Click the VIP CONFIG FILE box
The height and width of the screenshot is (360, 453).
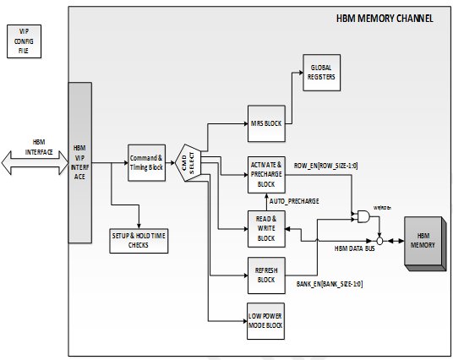[24, 41]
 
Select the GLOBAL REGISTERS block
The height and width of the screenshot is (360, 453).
[321, 73]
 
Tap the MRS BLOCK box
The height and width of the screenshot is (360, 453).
[266, 123]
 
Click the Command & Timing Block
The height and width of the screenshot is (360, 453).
[146, 163]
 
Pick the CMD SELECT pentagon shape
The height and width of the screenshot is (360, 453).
[188, 162]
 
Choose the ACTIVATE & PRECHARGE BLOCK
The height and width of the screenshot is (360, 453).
[266, 175]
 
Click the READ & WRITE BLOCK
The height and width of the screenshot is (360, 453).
[266, 229]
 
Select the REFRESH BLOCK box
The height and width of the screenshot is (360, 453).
[266, 275]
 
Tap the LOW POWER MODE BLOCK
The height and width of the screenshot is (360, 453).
[265, 321]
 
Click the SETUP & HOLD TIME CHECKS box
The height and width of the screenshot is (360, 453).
[139, 241]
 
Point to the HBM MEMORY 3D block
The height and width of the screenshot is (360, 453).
[425, 243]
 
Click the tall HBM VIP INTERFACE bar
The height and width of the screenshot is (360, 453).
[80, 162]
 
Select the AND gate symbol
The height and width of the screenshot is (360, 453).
[363, 216]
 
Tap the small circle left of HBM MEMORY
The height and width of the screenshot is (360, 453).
[380, 241]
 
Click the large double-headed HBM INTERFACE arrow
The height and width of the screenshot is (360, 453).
[35, 162]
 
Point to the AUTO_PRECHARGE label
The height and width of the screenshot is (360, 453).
[294, 201]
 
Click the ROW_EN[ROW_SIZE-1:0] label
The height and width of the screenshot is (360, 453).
[325, 166]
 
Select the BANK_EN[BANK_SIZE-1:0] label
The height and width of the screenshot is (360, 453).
[330, 284]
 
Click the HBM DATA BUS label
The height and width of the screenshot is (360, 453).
[355, 248]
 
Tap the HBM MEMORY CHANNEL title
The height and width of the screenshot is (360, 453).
[385, 19]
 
